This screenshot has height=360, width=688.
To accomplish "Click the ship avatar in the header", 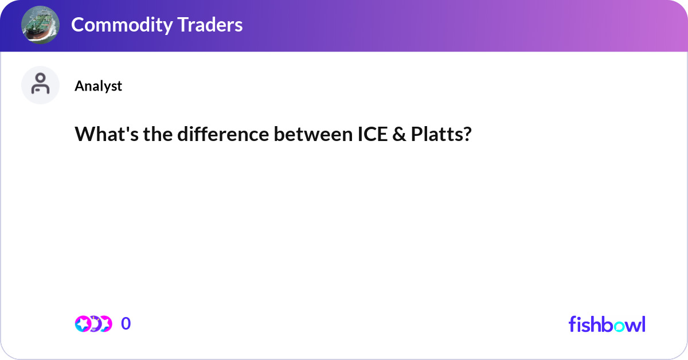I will pos(40,25).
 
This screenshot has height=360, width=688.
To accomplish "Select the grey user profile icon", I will pos(40,85).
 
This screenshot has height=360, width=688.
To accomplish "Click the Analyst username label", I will pos(98,86).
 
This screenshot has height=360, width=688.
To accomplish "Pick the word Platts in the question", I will pos(435,134).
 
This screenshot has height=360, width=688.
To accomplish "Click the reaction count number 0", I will pos(126,324).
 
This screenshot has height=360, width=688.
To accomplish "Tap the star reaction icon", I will pos(83,324).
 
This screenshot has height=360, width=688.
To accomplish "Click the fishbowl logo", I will pos(607,324).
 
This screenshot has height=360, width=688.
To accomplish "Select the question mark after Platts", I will pos(467,134).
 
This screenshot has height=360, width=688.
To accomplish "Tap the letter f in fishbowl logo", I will pos(572,324).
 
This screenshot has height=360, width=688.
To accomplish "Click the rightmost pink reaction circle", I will pos(105,324).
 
